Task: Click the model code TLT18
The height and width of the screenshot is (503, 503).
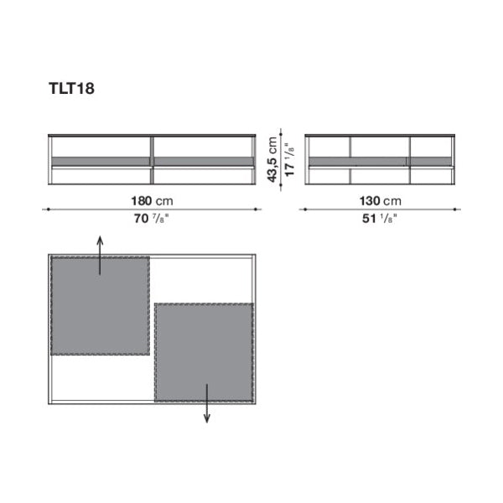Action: [x=71, y=88]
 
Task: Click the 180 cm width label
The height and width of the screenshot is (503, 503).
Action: [x=152, y=201]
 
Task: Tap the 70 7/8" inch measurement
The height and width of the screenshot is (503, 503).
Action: [x=151, y=219]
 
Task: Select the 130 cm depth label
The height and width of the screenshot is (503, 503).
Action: [x=380, y=201]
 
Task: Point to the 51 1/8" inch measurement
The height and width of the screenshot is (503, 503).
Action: [x=380, y=219]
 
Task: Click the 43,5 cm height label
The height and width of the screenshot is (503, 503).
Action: [x=272, y=159]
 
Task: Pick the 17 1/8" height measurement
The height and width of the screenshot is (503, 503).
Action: [x=289, y=159]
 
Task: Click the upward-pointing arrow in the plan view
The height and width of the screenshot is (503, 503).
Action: [x=100, y=256]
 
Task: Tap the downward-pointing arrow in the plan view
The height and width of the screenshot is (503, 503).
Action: [x=207, y=403]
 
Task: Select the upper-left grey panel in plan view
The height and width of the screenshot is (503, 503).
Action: [x=100, y=306]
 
